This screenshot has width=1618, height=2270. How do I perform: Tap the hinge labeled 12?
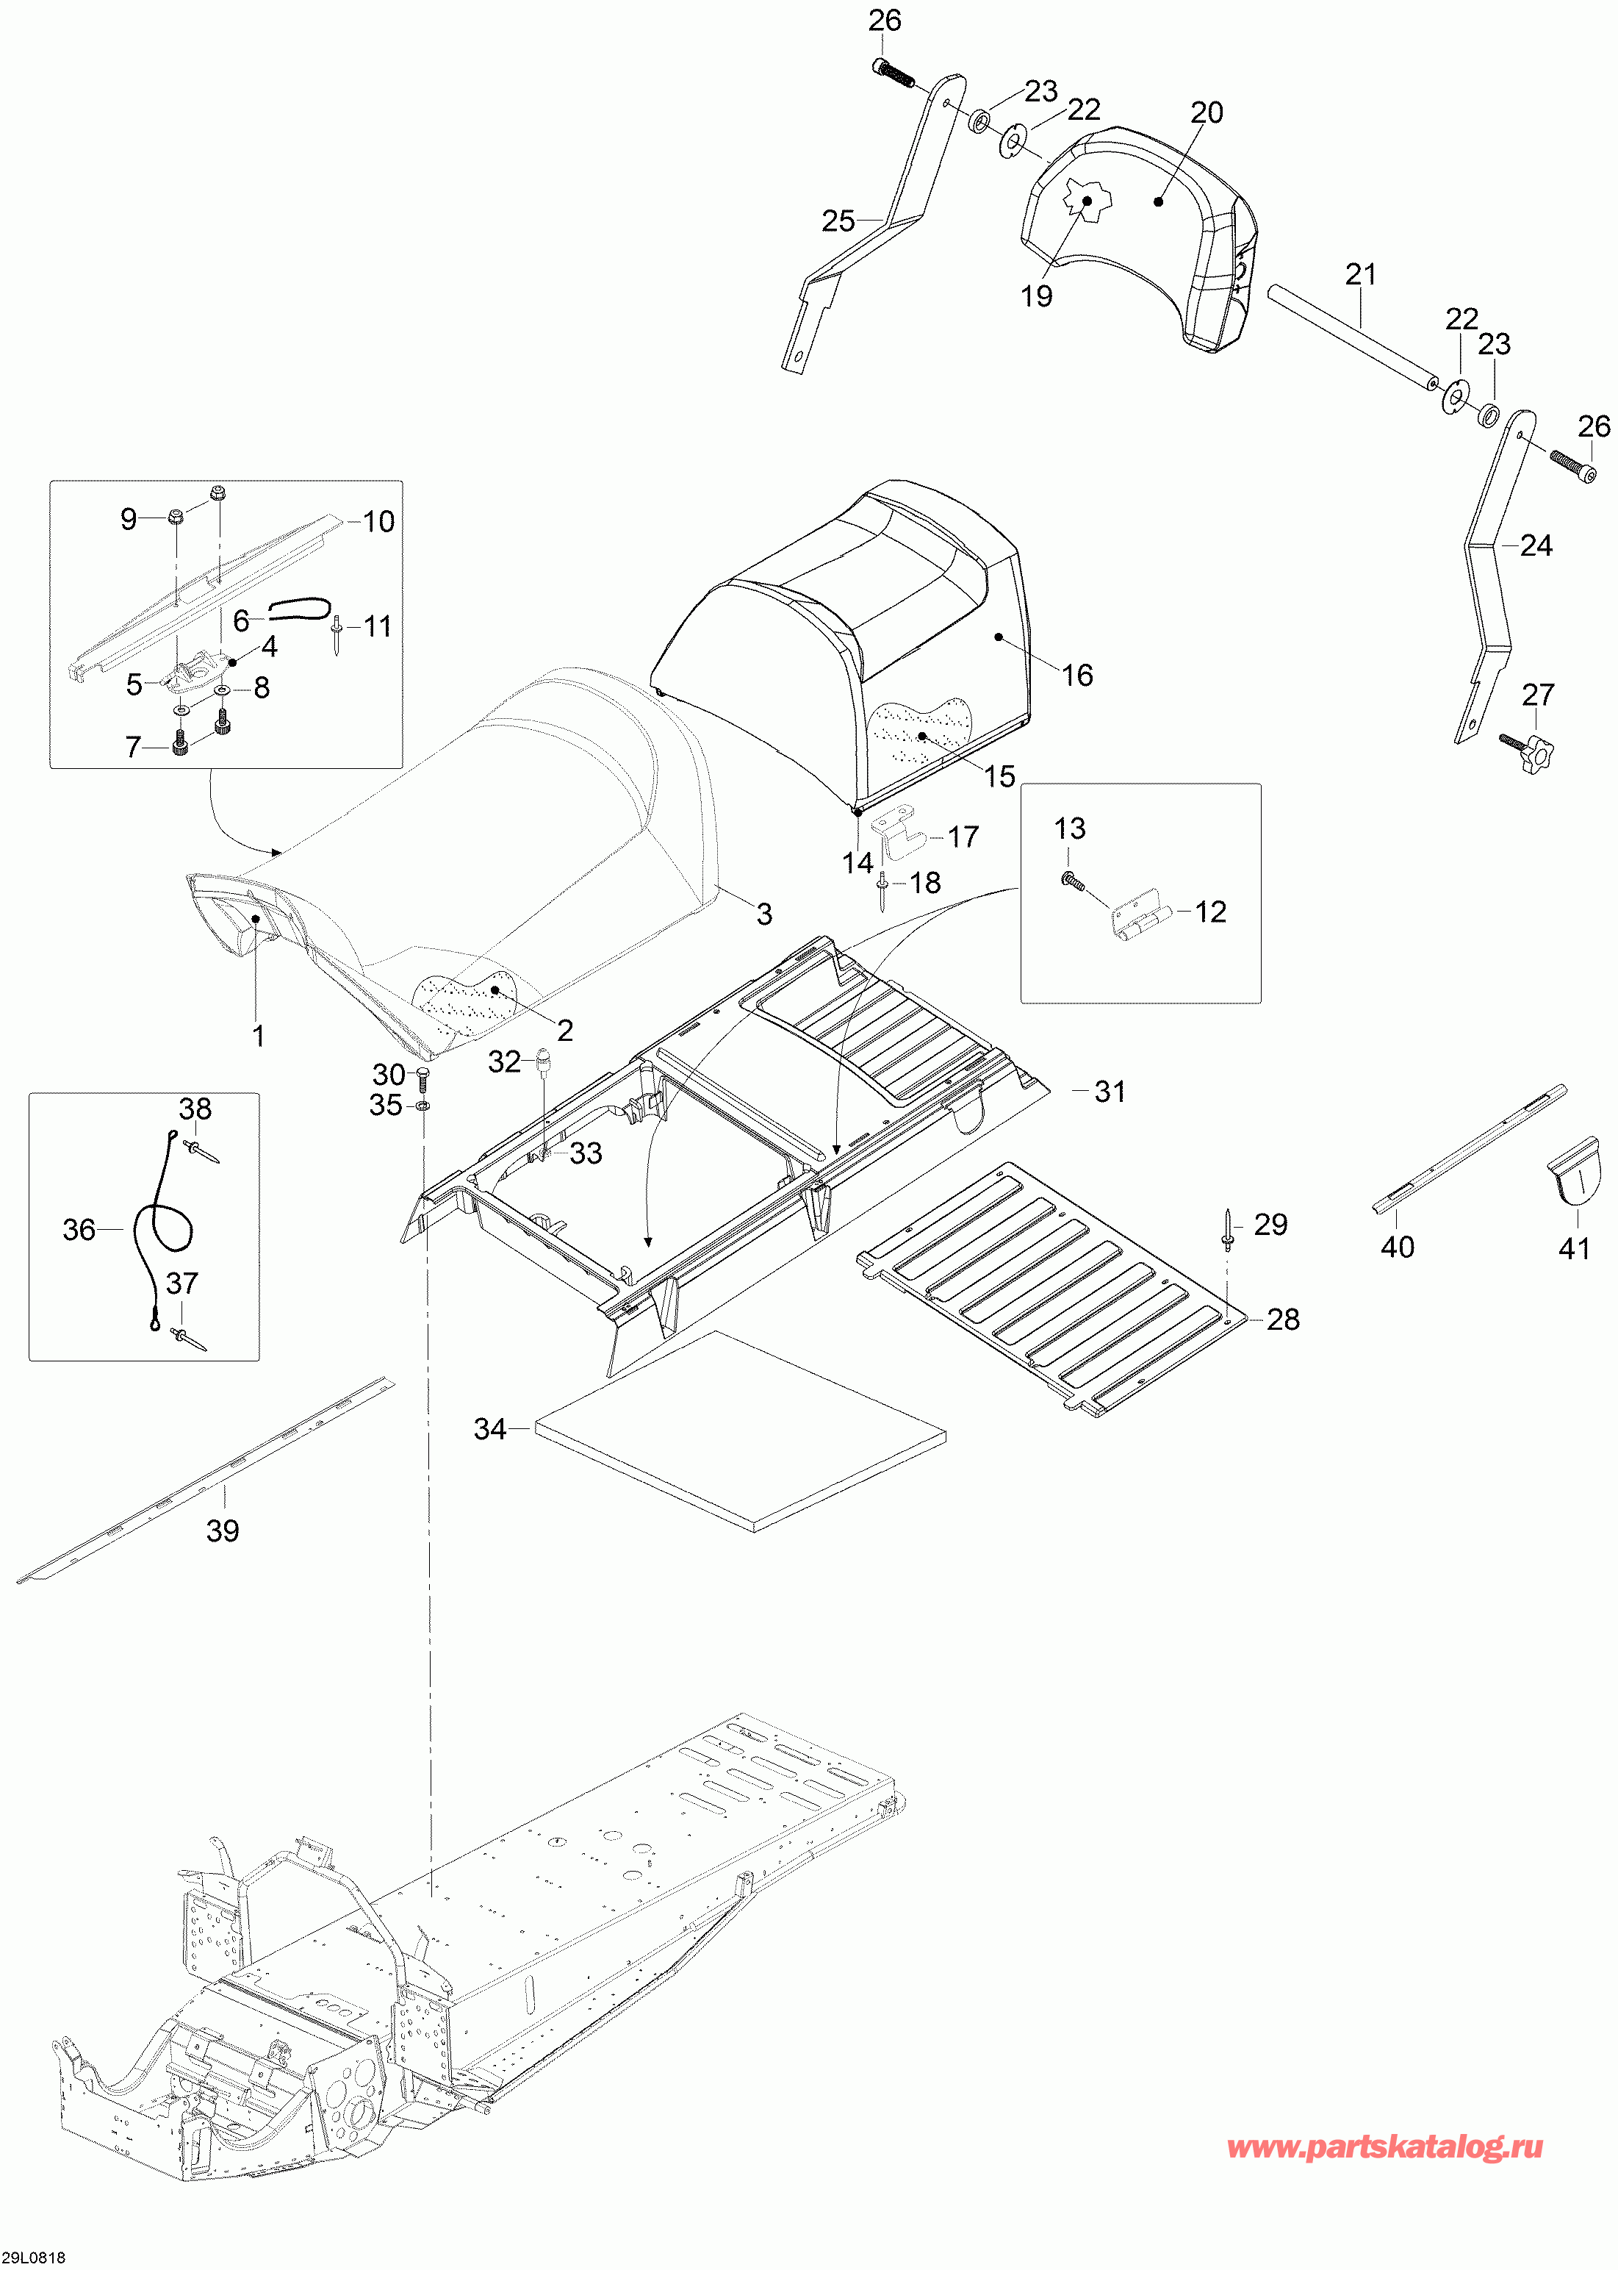(1139, 914)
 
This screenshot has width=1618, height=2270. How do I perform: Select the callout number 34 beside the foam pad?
(490, 1429)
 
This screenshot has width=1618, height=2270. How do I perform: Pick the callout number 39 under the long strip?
(222, 1530)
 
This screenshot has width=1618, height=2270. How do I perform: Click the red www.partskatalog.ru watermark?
(1385, 2147)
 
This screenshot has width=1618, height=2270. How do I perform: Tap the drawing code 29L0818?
(34, 2257)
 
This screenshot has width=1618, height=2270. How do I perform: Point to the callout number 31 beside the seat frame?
(1110, 1091)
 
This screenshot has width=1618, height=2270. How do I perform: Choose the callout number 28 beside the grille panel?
(1282, 1320)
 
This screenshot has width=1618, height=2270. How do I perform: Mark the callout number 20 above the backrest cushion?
(1207, 112)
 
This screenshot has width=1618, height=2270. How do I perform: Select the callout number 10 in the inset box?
(378, 521)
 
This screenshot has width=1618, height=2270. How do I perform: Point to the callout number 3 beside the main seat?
(764, 914)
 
